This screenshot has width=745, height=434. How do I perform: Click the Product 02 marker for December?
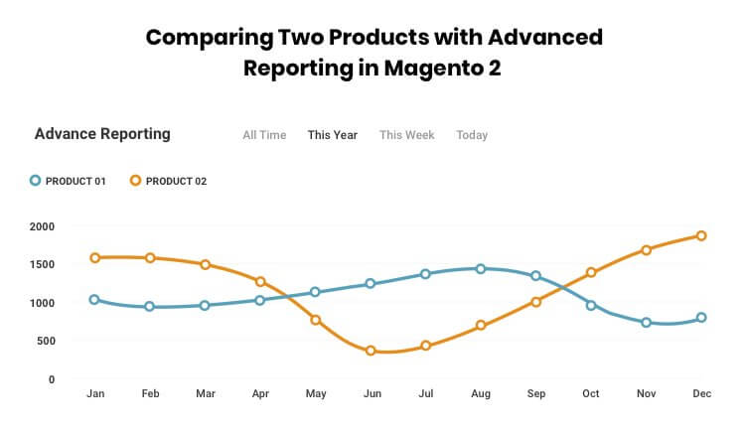tap(701, 236)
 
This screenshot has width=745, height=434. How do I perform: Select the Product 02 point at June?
tap(371, 351)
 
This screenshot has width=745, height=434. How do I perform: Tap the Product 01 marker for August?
tap(481, 269)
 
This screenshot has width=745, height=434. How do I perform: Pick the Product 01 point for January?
tap(95, 299)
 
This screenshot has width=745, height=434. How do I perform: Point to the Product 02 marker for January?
tap(95, 258)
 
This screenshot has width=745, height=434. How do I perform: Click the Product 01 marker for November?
tap(647, 323)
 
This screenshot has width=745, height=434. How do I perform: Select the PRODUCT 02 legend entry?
tap(168, 181)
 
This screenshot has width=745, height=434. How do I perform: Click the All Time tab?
tap(264, 135)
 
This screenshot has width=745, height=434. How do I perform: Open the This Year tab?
tap(333, 135)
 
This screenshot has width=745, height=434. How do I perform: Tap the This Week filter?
tap(406, 135)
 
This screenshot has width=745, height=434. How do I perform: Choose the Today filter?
tap(472, 135)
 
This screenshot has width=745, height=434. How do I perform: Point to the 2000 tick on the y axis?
tap(42, 226)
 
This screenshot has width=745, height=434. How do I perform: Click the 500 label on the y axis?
tap(46, 342)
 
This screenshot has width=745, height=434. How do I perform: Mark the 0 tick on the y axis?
tap(52, 379)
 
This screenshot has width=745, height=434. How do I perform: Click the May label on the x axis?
tap(316, 394)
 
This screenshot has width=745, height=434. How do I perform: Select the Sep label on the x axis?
tap(536, 394)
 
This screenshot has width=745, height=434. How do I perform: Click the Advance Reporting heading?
tap(102, 134)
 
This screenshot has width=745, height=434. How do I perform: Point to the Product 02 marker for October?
tap(591, 272)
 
